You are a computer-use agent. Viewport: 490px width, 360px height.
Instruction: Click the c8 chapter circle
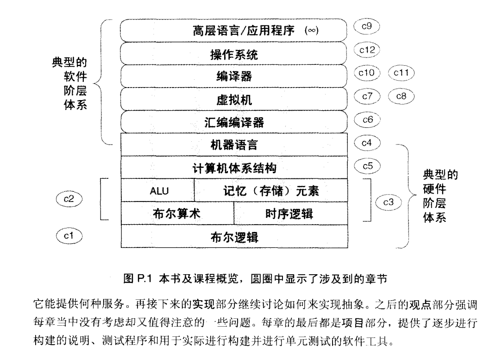point(401,96)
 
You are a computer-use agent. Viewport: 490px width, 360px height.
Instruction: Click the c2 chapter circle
point(69,199)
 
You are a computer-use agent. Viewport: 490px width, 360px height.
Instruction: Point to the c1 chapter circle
point(69,236)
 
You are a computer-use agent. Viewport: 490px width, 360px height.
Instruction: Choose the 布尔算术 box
point(176,214)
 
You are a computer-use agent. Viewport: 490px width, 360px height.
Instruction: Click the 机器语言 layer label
point(233,145)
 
